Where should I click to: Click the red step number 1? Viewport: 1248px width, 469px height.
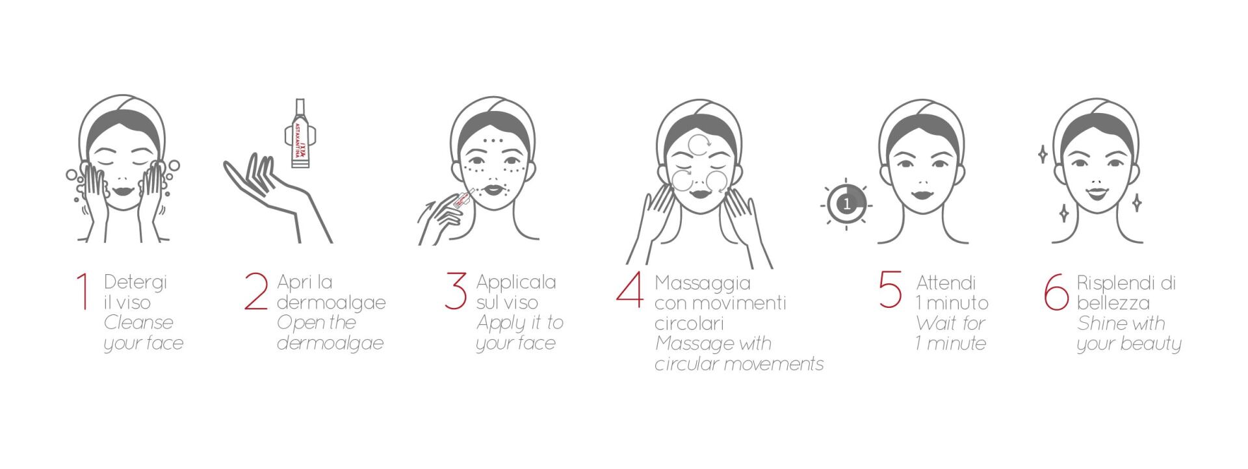click(82, 292)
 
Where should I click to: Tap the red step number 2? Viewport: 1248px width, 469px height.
click(256, 292)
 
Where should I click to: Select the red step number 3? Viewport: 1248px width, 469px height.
click(456, 291)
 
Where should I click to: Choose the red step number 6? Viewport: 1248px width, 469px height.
click(1056, 292)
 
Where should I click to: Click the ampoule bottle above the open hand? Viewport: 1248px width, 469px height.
click(300, 134)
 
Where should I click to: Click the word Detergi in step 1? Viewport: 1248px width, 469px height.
click(136, 283)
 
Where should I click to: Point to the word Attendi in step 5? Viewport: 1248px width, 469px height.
click(946, 283)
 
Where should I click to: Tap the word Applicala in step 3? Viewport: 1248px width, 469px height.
click(516, 283)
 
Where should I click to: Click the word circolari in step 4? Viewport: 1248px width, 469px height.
click(689, 323)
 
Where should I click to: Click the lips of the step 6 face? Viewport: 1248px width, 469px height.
click(1095, 193)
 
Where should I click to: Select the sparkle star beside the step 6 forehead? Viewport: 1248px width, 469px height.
click(1043, 155)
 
